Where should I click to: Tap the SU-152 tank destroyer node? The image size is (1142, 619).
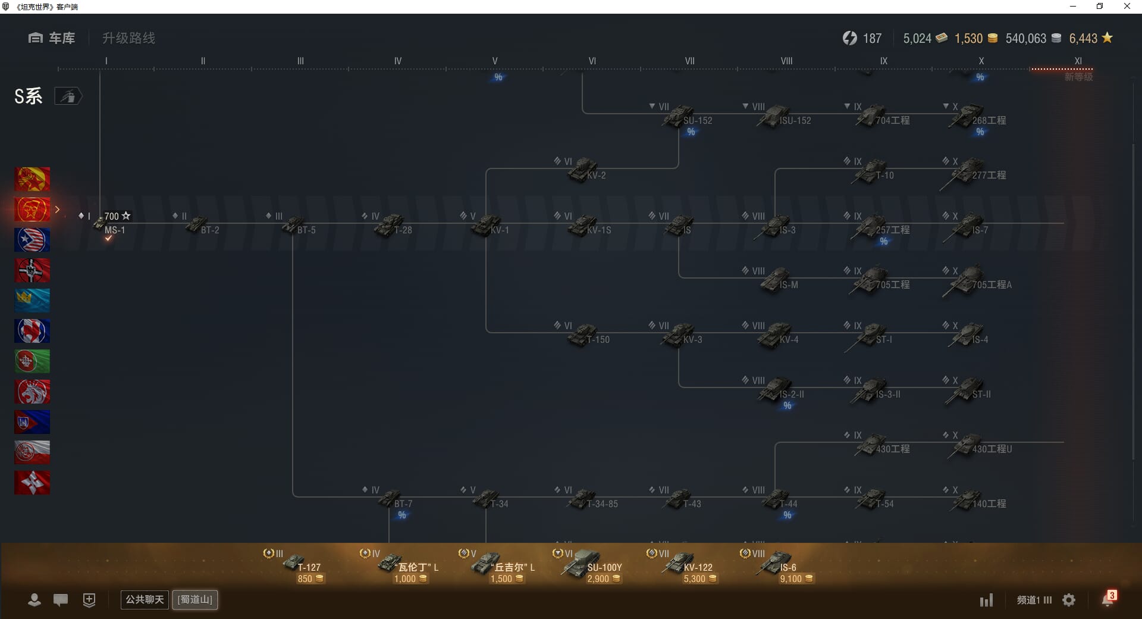[682, 116]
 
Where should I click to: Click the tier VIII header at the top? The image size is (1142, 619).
[786, 61]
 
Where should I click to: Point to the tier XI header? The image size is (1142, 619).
[1078, 61]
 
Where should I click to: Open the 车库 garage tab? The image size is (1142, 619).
[52, 38]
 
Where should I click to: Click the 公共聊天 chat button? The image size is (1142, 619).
[145, 599]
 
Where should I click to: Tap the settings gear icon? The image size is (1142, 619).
[1069, 600]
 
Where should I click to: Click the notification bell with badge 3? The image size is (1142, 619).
[1108, 599]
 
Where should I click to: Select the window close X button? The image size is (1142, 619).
[1127, 7]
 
